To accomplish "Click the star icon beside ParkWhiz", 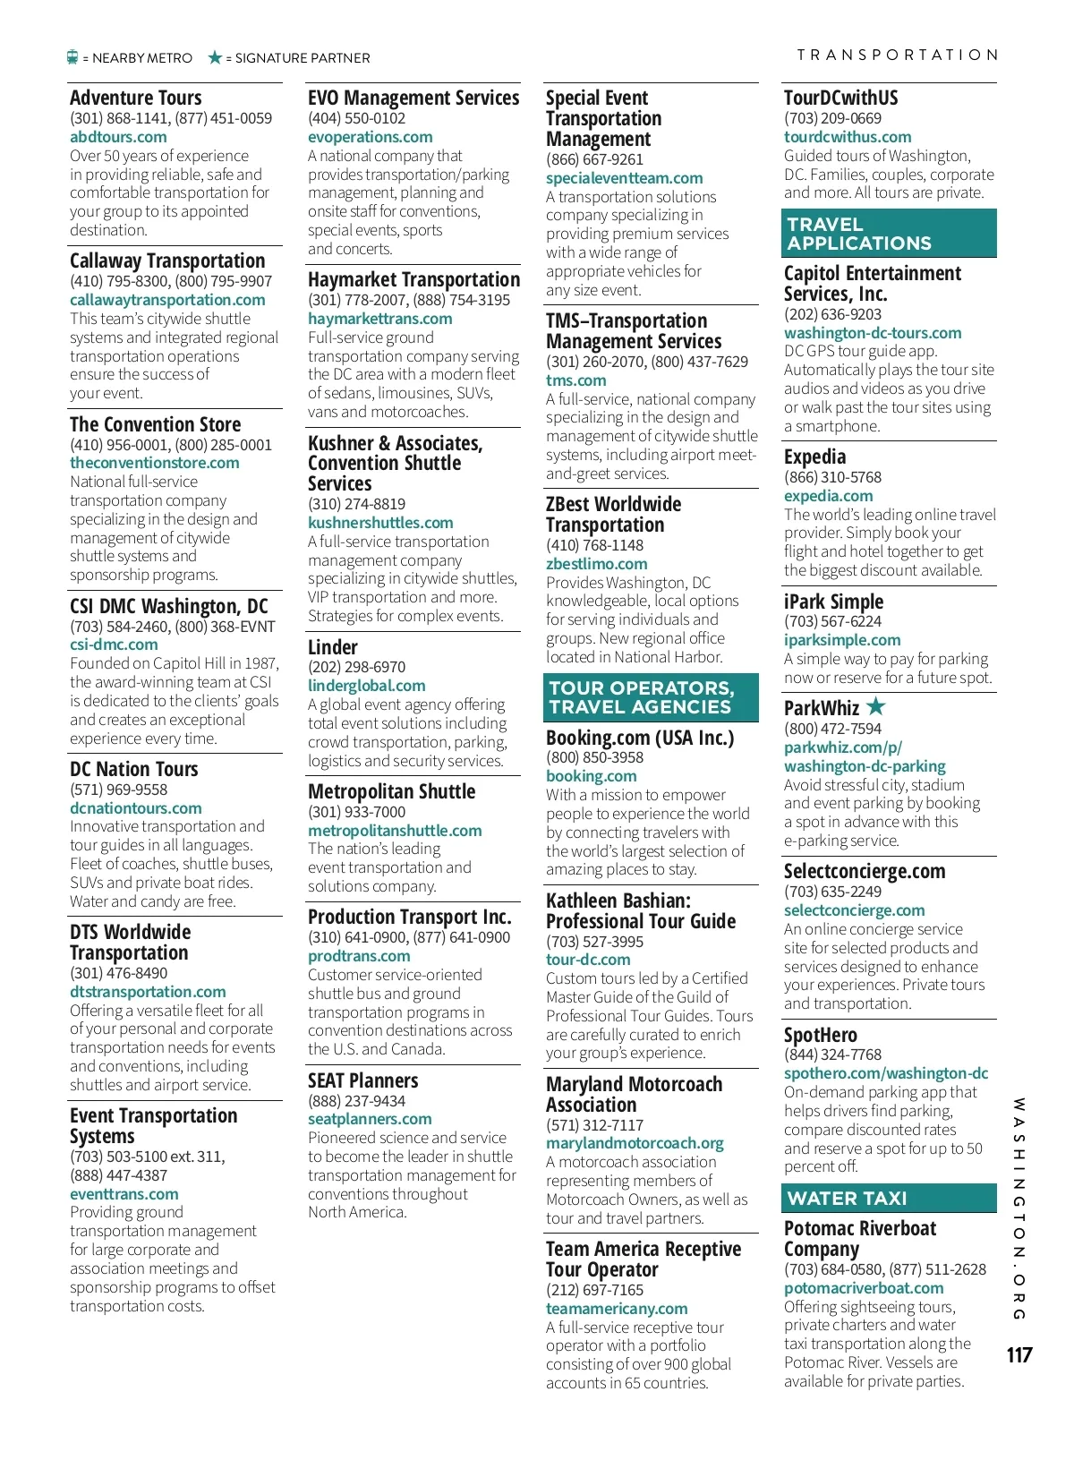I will (875, 706).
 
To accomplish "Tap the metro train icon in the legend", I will (73, 57).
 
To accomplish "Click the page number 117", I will (1019, 1354).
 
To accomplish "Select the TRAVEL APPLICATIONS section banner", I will (890, 234).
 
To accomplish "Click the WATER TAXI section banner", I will (890, 1198).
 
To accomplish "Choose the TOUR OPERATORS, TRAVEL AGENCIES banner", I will (651, 697).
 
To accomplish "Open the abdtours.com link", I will (118, 137).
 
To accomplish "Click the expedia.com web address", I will (828, 496).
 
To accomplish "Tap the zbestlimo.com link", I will (596, 564).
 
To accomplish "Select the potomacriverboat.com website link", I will (864, 1288).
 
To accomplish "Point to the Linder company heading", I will (333, 647).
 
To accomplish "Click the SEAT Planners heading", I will (362, 1080).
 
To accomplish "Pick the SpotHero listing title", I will (820, 1035).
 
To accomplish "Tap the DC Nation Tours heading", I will (134, 769).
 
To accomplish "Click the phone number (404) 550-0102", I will (356, 118).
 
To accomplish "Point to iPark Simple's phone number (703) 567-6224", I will (832, 621).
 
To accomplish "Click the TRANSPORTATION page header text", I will (897, 55).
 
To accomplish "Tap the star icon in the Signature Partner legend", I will (215, 57).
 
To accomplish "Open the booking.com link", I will (591, 776).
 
